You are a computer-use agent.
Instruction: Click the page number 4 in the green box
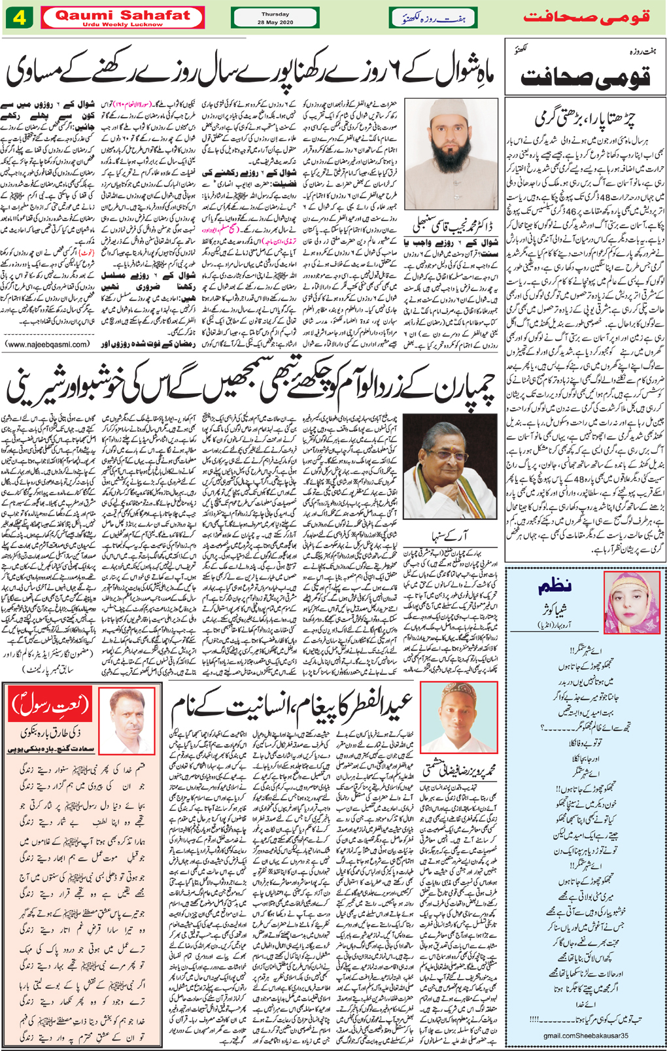[20, 17]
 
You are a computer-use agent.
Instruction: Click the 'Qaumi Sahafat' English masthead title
[122, 14]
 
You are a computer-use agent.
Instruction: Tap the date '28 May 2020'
[275, 22]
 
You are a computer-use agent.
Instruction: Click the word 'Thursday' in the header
[275, 14]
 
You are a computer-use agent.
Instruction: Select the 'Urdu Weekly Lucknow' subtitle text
[122, 25]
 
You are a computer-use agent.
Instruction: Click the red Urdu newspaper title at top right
[586, 17]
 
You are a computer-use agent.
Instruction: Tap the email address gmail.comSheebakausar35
[585, 1035]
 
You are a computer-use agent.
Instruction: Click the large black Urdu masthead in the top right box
[585, 77]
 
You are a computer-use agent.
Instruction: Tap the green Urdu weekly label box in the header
[433, 18]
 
